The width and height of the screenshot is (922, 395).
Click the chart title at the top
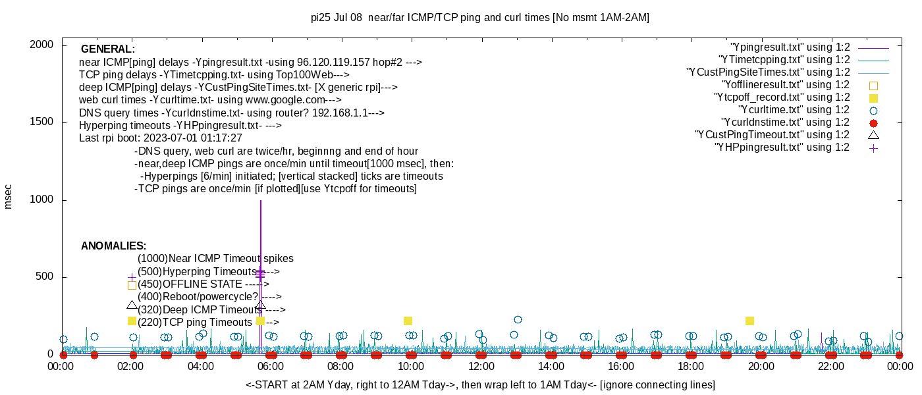point(479,18)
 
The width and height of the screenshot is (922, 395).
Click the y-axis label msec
point(9,196)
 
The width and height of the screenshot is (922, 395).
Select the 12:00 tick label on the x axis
point(481,366)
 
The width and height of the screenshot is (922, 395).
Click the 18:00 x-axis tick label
point(691,366)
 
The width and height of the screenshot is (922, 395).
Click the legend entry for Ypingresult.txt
point(790,47)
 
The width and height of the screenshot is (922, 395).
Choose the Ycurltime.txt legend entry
point(794,110)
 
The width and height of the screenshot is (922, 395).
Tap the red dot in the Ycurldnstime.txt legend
point(873,122)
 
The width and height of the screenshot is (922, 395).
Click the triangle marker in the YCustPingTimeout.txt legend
point(873,135)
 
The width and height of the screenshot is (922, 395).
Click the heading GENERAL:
point(108,49)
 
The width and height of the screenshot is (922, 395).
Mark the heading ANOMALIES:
point(113,246)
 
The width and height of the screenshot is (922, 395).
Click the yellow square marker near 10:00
point(408,321)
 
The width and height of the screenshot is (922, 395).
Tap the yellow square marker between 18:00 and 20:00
point(749,321)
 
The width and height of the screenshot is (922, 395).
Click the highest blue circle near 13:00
point(518,319)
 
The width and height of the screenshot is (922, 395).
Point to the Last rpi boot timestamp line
point(161,138)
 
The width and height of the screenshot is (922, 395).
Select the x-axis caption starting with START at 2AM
point(480,384)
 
